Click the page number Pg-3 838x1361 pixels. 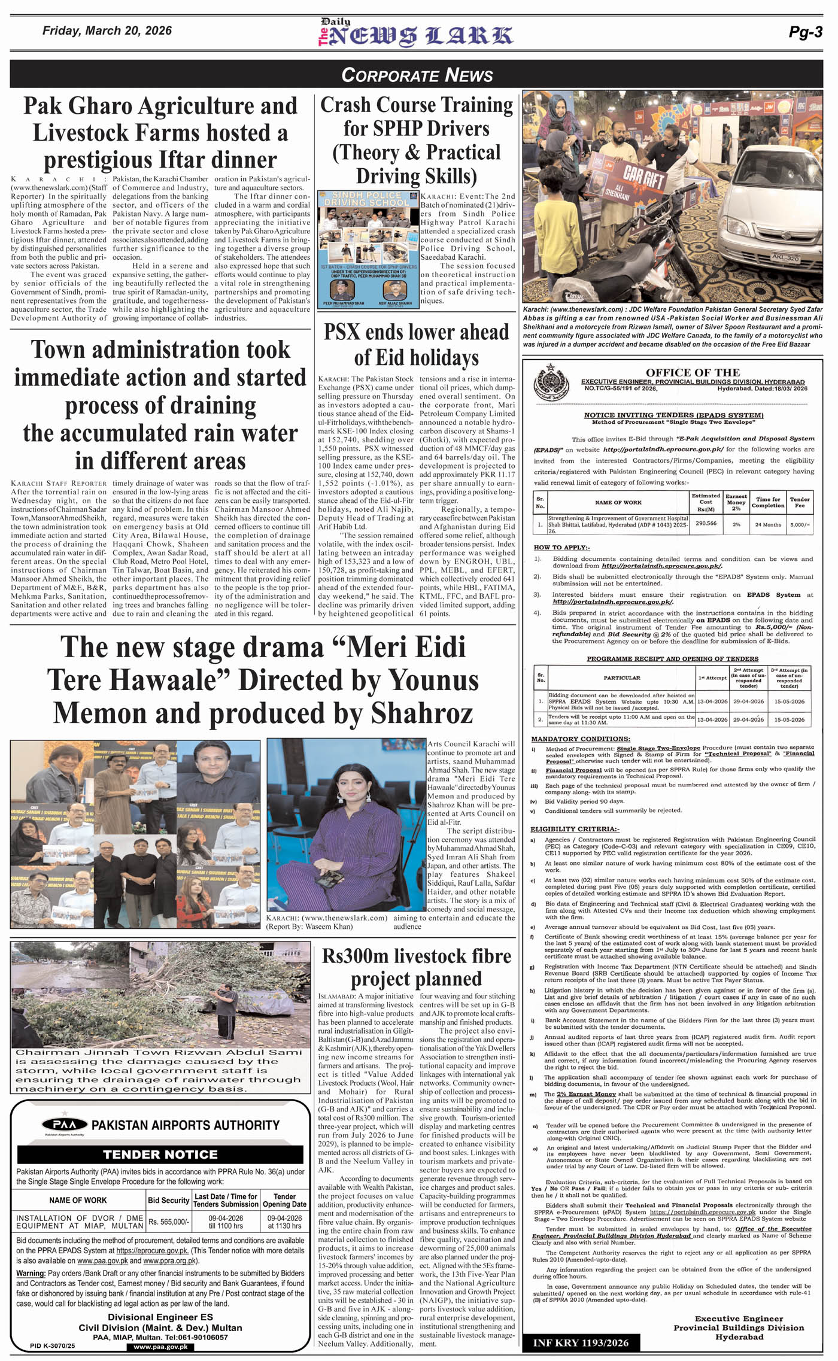tap(805, 32)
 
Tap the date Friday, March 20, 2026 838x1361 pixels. tap(107, 31)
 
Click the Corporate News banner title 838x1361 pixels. tap(417, 75)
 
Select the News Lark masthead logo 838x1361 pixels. tap(415, 34)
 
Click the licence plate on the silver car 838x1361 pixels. tap(786, 258)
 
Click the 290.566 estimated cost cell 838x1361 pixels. tap(706, 523)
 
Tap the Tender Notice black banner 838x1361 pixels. tap(160, 1155)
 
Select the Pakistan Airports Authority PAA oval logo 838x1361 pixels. tap(64, 1125)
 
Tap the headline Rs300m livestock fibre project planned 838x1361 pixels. tap(416, 967)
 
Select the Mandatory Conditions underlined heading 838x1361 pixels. tap(580, 739)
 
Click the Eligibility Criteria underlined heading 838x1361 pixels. tap(575, 829)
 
